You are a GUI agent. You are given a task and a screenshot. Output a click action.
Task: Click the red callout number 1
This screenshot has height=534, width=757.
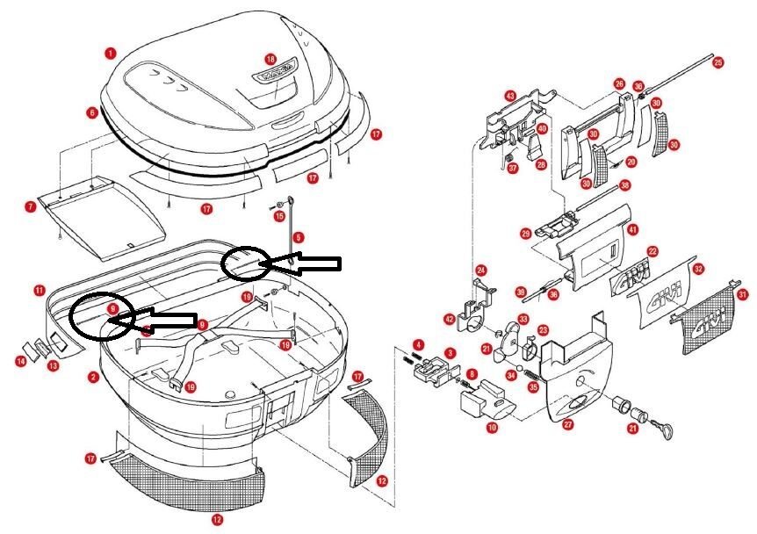click(x=110, y=53)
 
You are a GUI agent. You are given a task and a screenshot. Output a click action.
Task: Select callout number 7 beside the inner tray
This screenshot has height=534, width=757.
click(x=31, y=207)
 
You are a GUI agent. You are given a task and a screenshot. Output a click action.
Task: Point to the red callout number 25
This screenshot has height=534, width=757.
click(x=718, y=62)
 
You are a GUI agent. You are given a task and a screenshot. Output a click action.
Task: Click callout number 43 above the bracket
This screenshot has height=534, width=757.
click(x=510, y=95)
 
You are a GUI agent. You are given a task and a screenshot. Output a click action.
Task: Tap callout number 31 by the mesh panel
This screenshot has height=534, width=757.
click(x=743, y=295)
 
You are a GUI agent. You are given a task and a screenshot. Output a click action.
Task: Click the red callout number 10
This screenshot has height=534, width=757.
click(x=492, y=428)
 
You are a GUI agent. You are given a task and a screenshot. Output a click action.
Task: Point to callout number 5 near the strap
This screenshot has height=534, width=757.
click(x=298, y=237)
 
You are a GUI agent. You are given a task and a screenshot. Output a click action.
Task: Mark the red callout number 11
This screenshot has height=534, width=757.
click(x=40, y=290)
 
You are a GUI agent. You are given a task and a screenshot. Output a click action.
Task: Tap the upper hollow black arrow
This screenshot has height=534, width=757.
click(x=303, y=263)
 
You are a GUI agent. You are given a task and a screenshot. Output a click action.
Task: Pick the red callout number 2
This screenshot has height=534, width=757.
click(x=93, y=377)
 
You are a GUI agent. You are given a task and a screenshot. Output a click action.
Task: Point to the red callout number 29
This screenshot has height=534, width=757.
click(x=526, y=234)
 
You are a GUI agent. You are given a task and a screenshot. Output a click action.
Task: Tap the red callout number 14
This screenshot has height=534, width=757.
click(x=19, y=361)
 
